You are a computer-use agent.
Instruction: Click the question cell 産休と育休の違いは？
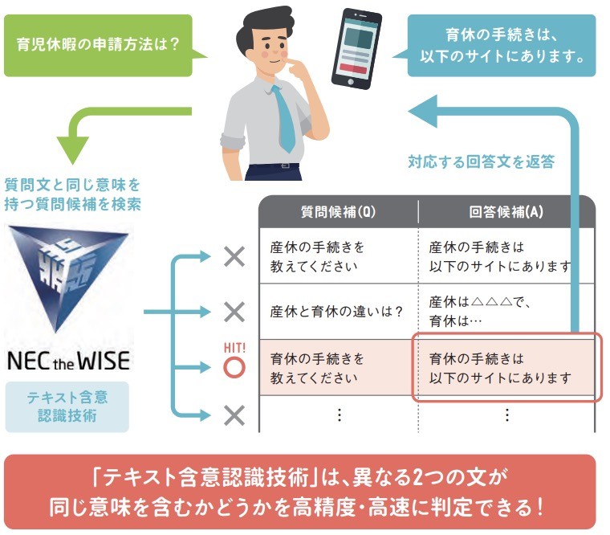click(336, 312)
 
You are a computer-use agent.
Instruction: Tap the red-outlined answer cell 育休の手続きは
click(506, 367)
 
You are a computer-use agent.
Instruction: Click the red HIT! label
click(234, 347)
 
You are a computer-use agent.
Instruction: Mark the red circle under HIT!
click(234, 368)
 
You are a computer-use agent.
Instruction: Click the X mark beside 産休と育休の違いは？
click(234, 312)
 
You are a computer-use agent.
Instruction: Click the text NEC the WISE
click(69, 360)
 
